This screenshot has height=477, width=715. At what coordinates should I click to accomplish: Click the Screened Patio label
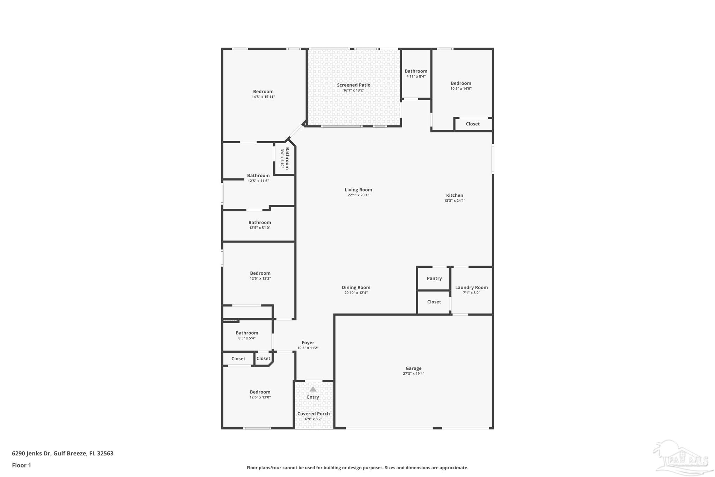tap(353, 85)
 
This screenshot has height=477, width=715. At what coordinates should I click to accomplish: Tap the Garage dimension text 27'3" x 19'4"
tap(413, 374)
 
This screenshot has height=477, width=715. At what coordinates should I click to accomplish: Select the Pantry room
tap(434, 279)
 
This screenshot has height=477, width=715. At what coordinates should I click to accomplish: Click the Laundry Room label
tap(471, 288)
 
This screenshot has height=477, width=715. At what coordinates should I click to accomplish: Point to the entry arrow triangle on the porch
tap(313, 389)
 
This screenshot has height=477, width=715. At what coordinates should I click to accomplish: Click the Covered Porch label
tap(313, 414)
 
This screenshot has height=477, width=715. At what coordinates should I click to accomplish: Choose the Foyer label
tap(308, 343)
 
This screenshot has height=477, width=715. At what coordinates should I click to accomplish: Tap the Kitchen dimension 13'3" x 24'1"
tap(455, 201)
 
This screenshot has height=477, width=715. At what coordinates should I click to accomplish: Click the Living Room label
tap(358, 190)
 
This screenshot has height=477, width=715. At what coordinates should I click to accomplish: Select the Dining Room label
tap(356, 288)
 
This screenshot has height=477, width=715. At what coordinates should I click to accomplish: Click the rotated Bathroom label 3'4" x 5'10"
tap(285, 158)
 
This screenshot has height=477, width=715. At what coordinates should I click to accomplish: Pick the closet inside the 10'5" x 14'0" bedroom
tap(473, 124)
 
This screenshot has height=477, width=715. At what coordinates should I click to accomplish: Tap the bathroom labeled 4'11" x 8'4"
tap(416, 73)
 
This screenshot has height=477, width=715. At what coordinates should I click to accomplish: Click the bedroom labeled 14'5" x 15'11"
tap(263, 94)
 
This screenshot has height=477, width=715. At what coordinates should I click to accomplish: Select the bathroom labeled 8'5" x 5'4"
tap(247, 335)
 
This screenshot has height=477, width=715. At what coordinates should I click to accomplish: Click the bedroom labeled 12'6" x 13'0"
tap(260, 394)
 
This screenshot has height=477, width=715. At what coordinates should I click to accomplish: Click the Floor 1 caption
tap(22, 465)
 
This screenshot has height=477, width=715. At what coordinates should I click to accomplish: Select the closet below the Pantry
tap(434, 302)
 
